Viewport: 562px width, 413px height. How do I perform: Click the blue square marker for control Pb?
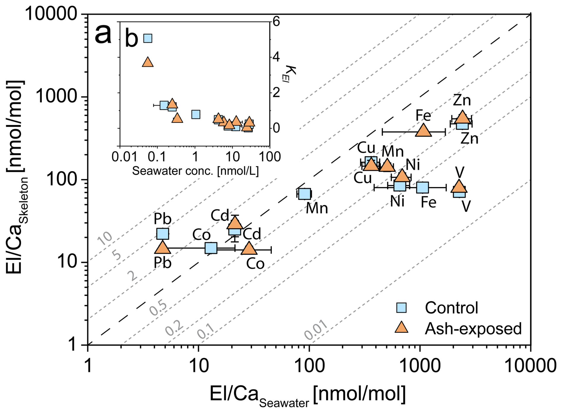pos(162,234)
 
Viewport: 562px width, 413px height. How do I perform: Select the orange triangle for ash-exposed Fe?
pos(423,130)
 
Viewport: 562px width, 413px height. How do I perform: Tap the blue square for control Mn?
pos(304,194)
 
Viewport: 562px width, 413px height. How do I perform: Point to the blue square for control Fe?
pos(422,187)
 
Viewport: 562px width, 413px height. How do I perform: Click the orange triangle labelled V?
pos(459,186)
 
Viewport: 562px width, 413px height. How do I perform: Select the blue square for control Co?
pos(211,248)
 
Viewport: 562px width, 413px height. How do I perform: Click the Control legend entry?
pos(451,308)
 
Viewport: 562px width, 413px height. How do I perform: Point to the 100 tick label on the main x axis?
pos(309,366)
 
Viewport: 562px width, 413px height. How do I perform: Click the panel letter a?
pos(103,34)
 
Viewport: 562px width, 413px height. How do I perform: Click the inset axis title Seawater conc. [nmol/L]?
pos(195,171)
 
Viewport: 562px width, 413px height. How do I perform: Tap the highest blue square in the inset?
pos(148,38)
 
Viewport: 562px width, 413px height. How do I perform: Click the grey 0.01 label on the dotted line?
pos(316,330)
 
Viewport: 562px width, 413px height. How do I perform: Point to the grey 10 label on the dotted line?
pos(105,238)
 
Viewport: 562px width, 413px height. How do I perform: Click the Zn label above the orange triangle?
pos(462,100)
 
